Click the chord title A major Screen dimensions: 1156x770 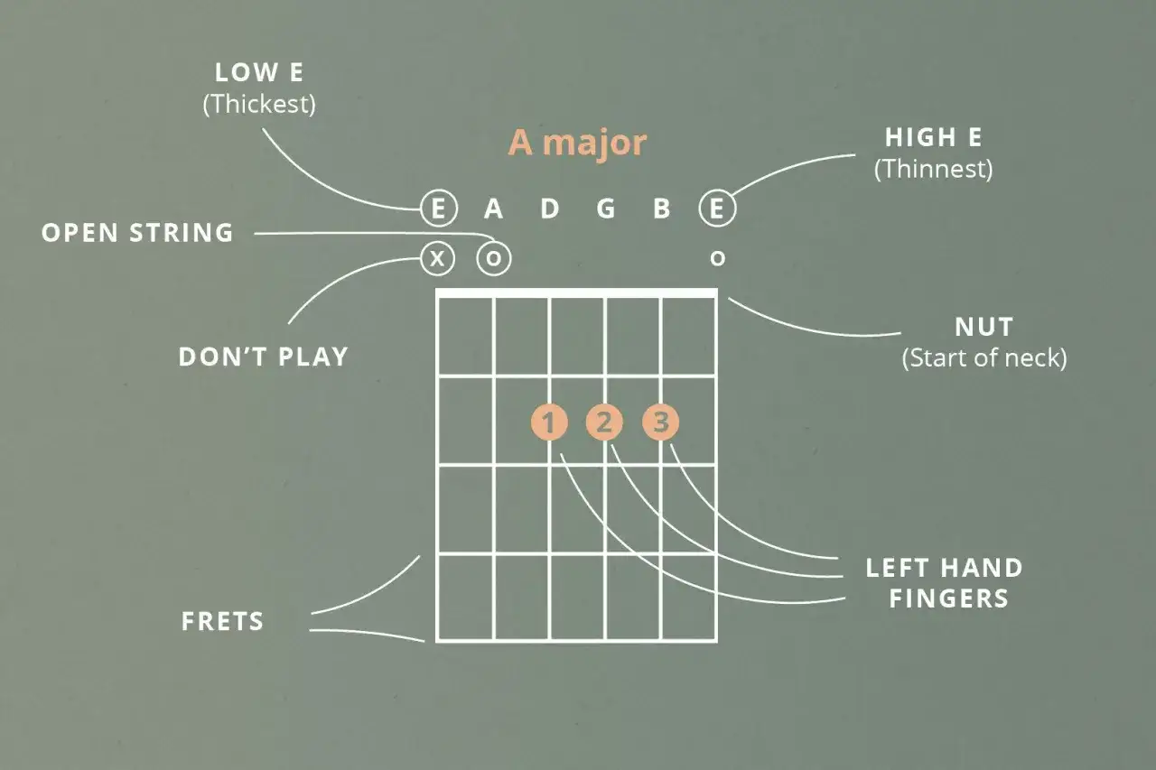pos(577,143)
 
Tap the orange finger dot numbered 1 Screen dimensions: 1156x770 pos(549,422)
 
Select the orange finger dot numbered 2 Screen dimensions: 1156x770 pos(604,422)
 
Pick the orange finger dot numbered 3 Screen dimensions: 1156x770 pos(660,422)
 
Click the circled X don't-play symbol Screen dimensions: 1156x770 pos(438,258)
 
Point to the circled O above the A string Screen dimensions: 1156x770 pos(494,258)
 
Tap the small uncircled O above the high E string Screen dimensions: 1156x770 pos(717,258)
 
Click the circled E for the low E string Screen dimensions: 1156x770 pos(439,209)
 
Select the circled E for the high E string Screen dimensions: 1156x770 pos(717,209)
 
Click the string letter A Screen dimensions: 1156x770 pos(493,209)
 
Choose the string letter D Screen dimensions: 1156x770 pos(550,209)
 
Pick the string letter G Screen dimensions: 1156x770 pos(606,209)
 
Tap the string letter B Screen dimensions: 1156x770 pos(662,209)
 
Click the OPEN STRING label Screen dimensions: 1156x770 pos(137,233)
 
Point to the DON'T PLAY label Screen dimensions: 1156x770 pos(263,357)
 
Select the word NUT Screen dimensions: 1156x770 pos(984,327)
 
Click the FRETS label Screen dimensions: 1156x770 pos(222,621)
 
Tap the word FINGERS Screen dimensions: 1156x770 pos(948,598)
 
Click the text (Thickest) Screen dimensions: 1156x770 pos(259,104)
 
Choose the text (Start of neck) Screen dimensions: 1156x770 pos(984,358)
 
